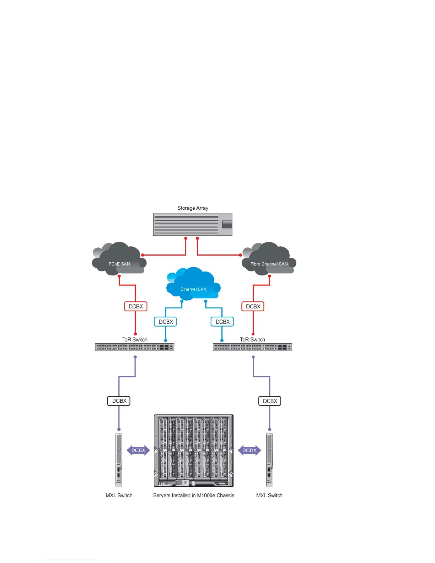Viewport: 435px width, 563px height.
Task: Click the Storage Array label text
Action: point(193,208)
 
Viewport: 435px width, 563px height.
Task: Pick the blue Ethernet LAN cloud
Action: point(193,284)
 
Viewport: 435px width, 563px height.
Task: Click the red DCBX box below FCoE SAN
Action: point(135,306)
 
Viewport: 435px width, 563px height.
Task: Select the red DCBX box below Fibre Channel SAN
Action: point(253,306)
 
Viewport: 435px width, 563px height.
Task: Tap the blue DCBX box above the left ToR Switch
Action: point(166,322)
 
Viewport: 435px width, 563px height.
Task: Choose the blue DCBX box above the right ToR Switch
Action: point(222,322)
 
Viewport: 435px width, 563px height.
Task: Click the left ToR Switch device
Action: point(134,347)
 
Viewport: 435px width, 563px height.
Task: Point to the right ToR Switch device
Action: point(252,347)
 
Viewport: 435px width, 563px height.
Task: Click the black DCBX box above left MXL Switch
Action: point(119,401)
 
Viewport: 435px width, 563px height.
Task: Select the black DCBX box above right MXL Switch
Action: point(270,401)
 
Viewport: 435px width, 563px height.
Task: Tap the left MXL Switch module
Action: point(119,460)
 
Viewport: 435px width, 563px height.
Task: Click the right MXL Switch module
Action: point(269,460)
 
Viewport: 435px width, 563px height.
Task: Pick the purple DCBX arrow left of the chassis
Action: point(138,450)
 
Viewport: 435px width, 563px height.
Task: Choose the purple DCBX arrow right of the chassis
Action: point(249,450)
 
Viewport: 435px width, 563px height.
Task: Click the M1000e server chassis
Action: point(194,450)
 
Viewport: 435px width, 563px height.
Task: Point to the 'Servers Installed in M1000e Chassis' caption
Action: point(194,495)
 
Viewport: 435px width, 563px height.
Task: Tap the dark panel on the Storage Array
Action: point(227,224)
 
